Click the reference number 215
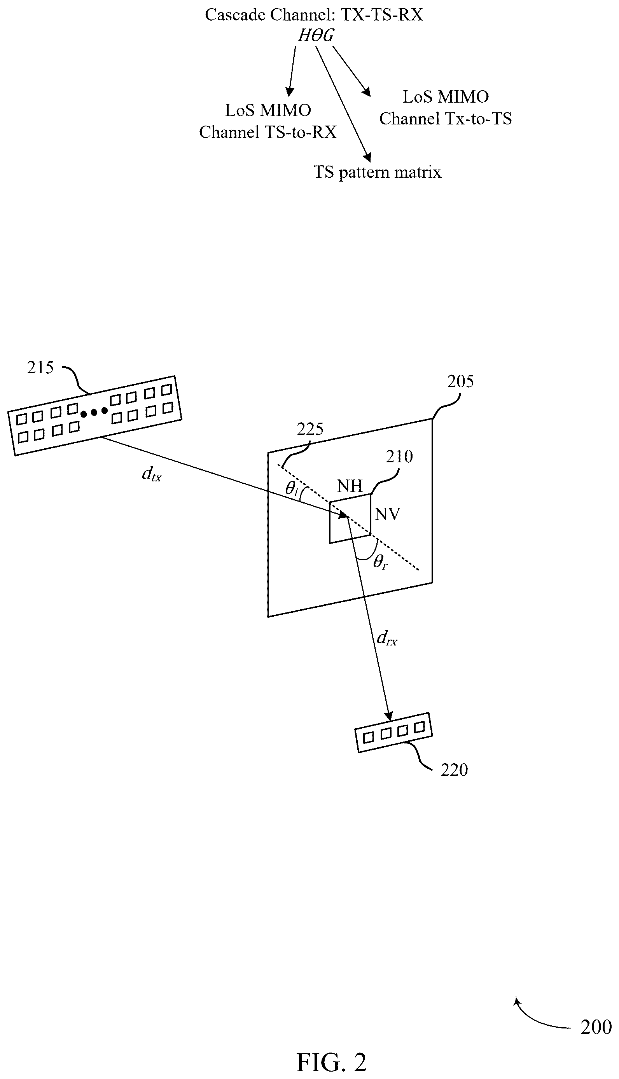click(40, 367)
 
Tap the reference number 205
click(460, 381)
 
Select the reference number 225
click(310, 429)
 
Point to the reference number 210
click(399, 456)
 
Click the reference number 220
click(455, 770)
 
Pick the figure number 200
click(596, 1027)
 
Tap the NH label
click(350, 486)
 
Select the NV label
click(388, 514)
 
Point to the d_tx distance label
click(152, 473)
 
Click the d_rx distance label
click(387, 638)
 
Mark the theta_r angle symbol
click(381, 562)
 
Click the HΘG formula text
click(316, 35)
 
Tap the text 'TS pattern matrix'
click(377, 172)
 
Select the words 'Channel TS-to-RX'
click(268, 132)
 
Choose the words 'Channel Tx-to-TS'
click(446, 119)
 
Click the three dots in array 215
click(94, 412)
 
